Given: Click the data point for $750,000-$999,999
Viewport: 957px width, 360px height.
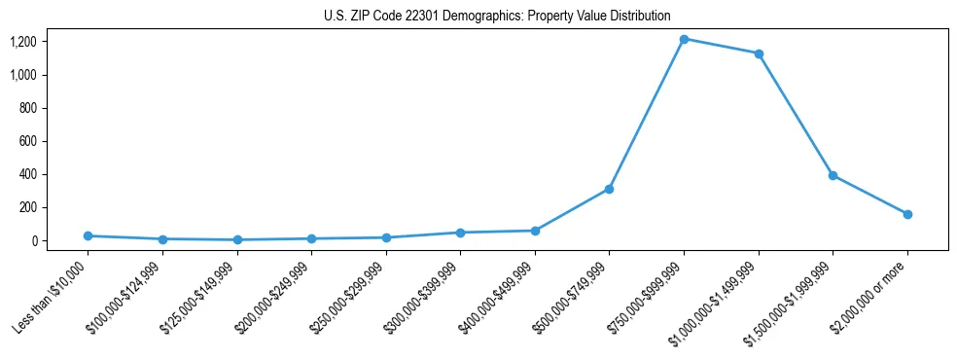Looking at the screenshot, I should coord(684,39).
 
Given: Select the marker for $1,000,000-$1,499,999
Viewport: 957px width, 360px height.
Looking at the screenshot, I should coord(759,54).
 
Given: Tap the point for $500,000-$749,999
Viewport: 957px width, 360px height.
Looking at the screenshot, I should coord(609,189).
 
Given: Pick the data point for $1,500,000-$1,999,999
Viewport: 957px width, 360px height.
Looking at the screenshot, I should coord(833,175).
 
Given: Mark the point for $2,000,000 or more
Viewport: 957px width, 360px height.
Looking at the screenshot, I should coord(907,214).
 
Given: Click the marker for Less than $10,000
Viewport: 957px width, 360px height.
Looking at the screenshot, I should coord(88,235).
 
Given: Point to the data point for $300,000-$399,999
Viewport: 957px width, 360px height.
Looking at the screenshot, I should coord(460,233).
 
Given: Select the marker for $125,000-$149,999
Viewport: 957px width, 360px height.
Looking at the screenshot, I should coord(237,239).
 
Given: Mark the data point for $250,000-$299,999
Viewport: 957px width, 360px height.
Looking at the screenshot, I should coord(386,237).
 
